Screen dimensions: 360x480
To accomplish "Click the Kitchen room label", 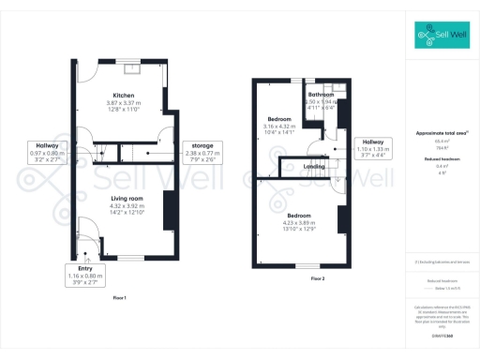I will tap(125, 96).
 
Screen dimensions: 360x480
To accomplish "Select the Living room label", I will tap(125, 199).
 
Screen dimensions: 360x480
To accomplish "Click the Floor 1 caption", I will tap(119, 297).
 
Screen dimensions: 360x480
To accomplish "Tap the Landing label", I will tap(315, 167).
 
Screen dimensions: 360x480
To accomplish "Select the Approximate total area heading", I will tap(441, 133).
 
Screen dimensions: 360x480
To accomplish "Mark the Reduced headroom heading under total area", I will tap(441, 160).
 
